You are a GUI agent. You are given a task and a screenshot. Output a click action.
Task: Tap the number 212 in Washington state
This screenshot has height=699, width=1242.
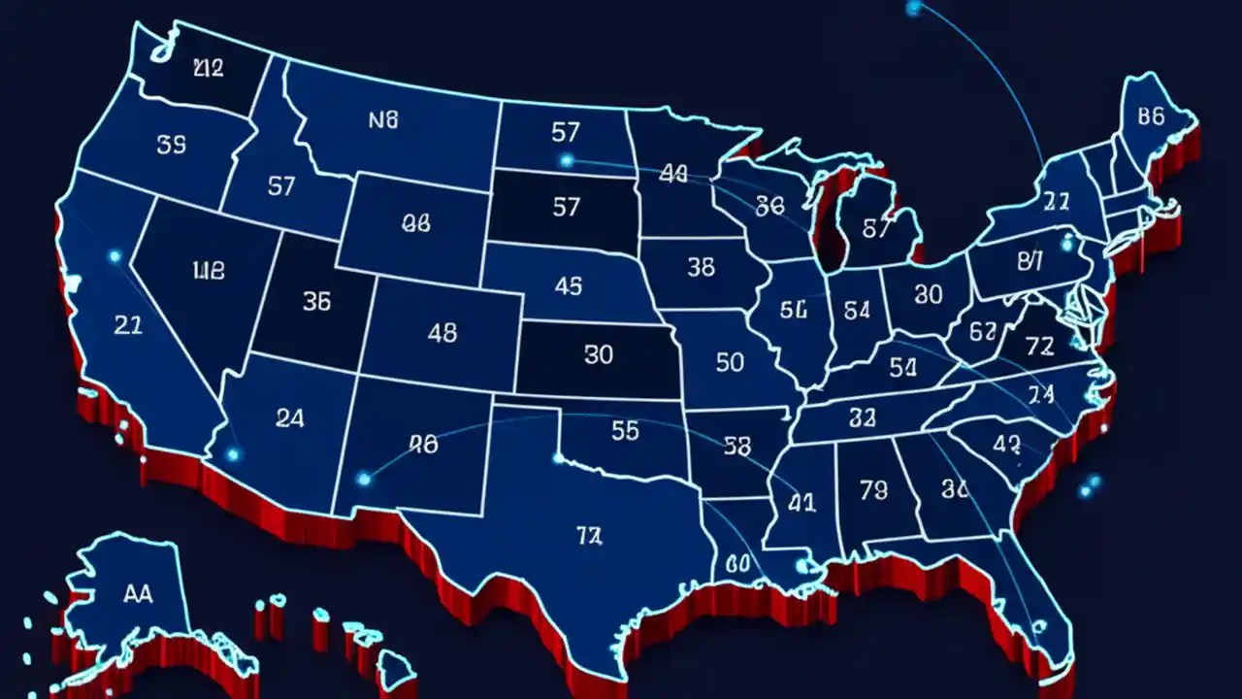tap(208, 68)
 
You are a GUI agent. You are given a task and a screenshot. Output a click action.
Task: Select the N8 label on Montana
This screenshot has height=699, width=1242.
tap(384, 120)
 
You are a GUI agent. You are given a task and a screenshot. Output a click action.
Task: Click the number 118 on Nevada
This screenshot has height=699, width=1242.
tap(209, 271)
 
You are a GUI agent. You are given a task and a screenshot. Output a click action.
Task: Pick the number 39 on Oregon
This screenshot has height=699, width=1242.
tap(171, 146)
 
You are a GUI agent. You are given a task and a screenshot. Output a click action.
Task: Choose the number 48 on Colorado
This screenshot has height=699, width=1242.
tap(441, 333)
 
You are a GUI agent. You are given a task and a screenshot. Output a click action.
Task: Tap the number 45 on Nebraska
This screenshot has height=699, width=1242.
tap(568, 286)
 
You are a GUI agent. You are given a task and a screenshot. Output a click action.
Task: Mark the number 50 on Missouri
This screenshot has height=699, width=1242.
tap(730, 362)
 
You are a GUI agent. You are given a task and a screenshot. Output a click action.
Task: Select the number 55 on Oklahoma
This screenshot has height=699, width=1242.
tap(625, 431)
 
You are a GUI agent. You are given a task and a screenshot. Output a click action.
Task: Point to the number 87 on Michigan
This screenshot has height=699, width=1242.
tap(875, 229)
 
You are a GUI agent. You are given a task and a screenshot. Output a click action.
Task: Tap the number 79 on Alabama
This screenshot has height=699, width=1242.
tap(873, 491)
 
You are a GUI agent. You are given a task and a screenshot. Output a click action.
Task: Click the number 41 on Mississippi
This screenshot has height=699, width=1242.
tap(801, 503)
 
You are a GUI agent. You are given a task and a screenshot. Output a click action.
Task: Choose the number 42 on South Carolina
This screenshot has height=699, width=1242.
tap(1007, 444)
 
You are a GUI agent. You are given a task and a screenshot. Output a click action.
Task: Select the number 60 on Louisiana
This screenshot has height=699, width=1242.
tap(737, 563)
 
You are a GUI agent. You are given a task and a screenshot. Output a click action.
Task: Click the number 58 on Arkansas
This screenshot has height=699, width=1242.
tap(737, 446)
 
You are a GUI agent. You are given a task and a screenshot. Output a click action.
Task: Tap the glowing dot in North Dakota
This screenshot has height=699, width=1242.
tap(567, 160)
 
